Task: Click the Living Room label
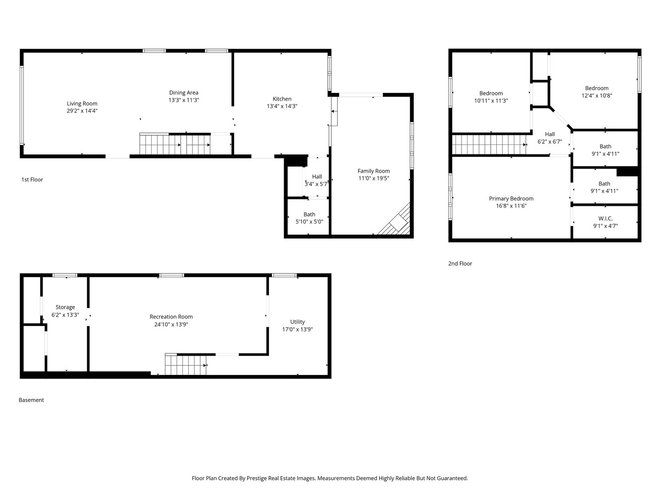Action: click(82, 104)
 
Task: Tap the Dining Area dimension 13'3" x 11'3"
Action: click(183, 100)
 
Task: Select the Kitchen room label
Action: click(282, 99)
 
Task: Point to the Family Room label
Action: click(374, 171)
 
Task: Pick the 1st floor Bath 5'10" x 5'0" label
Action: click(309, 214)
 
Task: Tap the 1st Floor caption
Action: click(32, 180)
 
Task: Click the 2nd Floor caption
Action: click(460, 264)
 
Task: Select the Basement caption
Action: click(31, 400)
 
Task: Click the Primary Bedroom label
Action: click(511, 198)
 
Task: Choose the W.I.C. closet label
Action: click(605, 219)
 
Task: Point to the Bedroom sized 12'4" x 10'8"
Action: click(596, 88)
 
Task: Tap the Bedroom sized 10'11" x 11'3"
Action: click(491, 93)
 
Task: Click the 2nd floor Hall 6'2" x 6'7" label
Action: click(550, 134)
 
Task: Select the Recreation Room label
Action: click(171, 317)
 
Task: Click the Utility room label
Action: click(297, 322)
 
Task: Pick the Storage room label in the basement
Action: click(65, 308)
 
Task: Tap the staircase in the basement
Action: click(186, 365)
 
